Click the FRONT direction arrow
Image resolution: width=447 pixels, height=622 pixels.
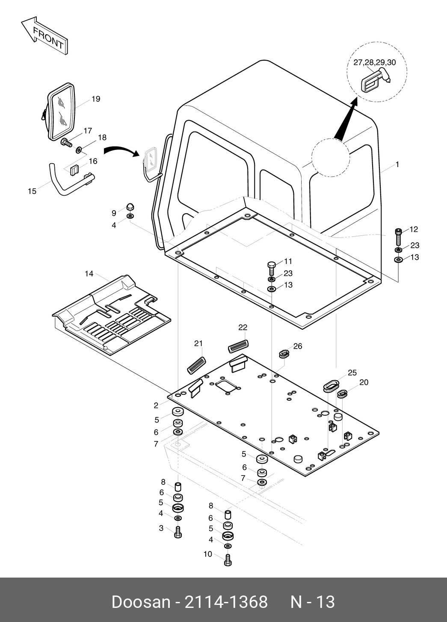44,35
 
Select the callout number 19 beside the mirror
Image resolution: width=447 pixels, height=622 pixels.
96,99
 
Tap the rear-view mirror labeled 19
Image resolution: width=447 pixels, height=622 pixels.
59,111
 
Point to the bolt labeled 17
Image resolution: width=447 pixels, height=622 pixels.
66,143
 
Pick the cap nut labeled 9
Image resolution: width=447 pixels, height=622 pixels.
130,207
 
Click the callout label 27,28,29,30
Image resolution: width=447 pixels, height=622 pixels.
374,62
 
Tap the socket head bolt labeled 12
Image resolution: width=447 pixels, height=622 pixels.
398,237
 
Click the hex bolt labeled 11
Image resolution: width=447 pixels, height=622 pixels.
271,267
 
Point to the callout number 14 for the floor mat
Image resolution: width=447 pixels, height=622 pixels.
89,274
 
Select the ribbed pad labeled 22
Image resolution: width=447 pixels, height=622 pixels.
238,346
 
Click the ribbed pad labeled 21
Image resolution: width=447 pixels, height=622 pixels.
196,365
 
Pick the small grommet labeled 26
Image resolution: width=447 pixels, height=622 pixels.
284,354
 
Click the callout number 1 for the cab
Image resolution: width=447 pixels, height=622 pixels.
397,164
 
